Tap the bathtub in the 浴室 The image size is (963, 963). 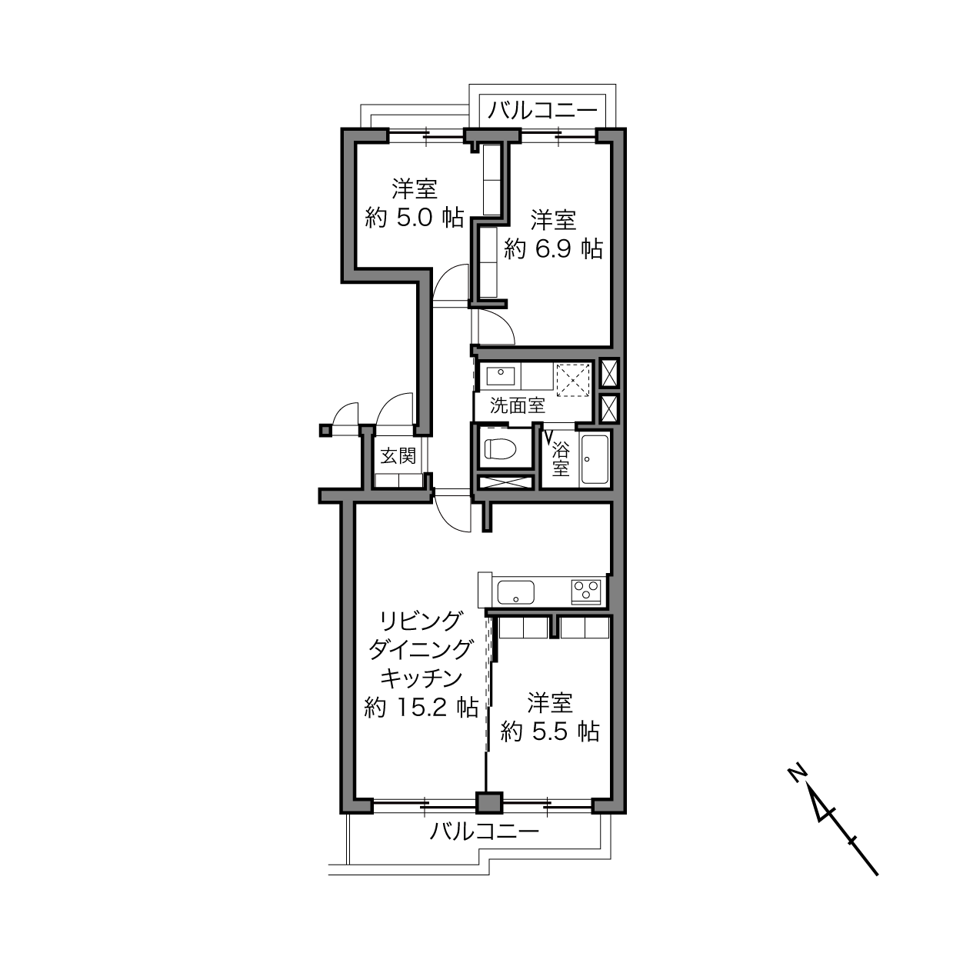595,459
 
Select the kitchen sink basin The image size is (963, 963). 516,592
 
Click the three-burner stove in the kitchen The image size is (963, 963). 586,591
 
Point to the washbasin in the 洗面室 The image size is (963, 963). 501,376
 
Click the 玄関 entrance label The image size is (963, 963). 398,456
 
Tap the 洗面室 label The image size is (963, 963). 517,405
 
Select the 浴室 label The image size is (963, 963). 561,459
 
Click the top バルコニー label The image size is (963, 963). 542,111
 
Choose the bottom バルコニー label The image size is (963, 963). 485,831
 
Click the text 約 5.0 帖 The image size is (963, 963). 415,218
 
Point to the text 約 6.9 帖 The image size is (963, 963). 553,249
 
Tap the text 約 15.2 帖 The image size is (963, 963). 422,708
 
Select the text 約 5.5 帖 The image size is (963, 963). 550,732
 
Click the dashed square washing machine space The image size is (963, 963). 574,380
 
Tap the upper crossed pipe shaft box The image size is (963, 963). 609,373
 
